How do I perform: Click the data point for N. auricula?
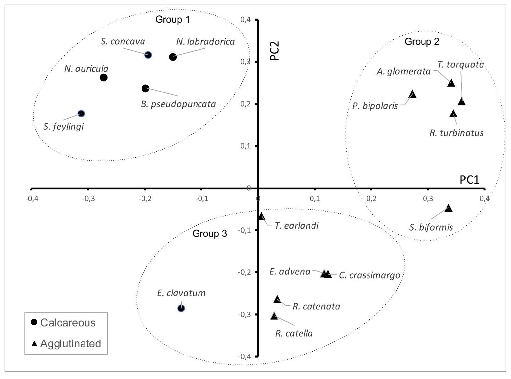[104, 78]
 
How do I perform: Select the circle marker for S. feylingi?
[81, 114]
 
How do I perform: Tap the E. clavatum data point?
[181, 308]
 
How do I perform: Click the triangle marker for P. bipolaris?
[412, 94]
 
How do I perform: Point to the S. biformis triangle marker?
[449, 208]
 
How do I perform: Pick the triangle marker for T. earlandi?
[261, 217]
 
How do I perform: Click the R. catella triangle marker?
[274, 316]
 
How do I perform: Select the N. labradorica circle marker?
[173, 57]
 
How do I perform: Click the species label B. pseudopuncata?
[178, 104]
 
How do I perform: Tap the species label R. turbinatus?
[456, 133]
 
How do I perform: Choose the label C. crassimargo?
[369, 275]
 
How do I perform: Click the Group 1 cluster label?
[172, 20]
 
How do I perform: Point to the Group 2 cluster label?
[422, 42]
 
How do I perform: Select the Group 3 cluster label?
[209, 234]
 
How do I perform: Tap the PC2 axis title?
[275, 51]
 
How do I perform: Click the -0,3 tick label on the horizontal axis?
[88, 199]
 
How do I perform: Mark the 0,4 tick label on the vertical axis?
[245, 20]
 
